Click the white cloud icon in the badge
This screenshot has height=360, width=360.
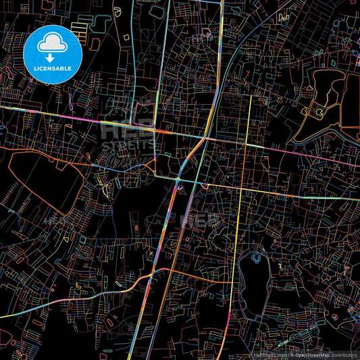point(52,43)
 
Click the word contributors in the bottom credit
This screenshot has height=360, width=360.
point(343,355)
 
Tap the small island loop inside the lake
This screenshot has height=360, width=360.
point(256,257)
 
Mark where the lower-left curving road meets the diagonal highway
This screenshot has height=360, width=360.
point(157,272)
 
